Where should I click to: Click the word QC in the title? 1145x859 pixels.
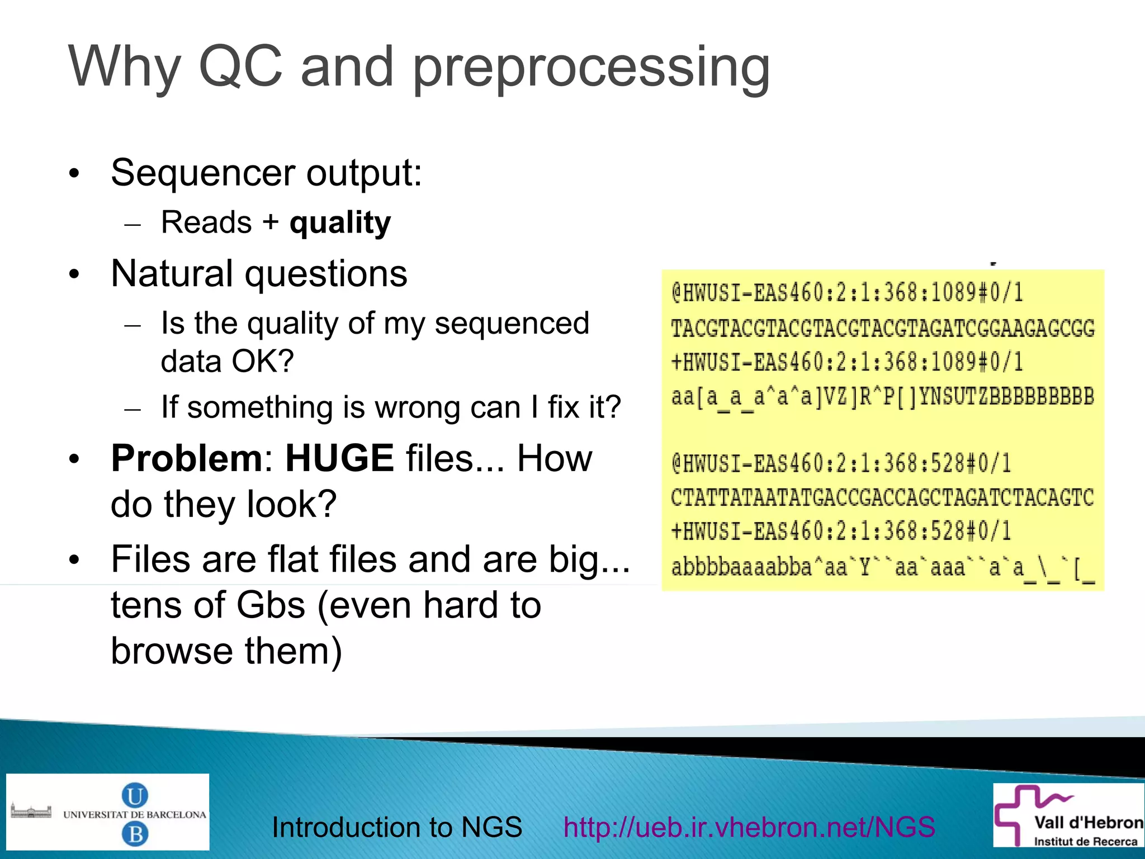(240, 67)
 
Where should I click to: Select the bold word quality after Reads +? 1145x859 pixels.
(340, 222)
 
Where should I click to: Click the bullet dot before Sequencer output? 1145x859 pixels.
(74, 174)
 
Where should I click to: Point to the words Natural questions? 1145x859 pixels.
(259, 274)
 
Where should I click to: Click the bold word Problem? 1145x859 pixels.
(186, 458)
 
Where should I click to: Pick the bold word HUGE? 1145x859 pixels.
(339, 458)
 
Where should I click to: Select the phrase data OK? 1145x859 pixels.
(227, 361)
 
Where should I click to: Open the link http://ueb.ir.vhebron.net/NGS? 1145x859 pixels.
(749, 827)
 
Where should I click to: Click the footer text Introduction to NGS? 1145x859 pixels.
(396, 827)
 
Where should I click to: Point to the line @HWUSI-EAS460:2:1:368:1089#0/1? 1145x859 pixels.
(847, 293)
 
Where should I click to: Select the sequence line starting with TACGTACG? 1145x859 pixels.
(882, 328)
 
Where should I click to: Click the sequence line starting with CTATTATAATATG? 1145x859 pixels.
(882, 497)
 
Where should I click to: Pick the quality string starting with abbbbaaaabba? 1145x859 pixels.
(882, 567)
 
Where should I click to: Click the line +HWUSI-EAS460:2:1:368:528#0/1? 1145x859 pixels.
(841, 531)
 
